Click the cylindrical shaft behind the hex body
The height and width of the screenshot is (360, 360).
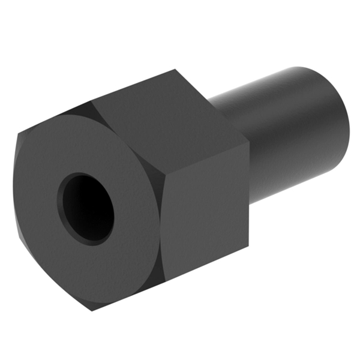(x=288, y=132)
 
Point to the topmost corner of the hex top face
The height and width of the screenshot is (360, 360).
(x=174, y=70)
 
